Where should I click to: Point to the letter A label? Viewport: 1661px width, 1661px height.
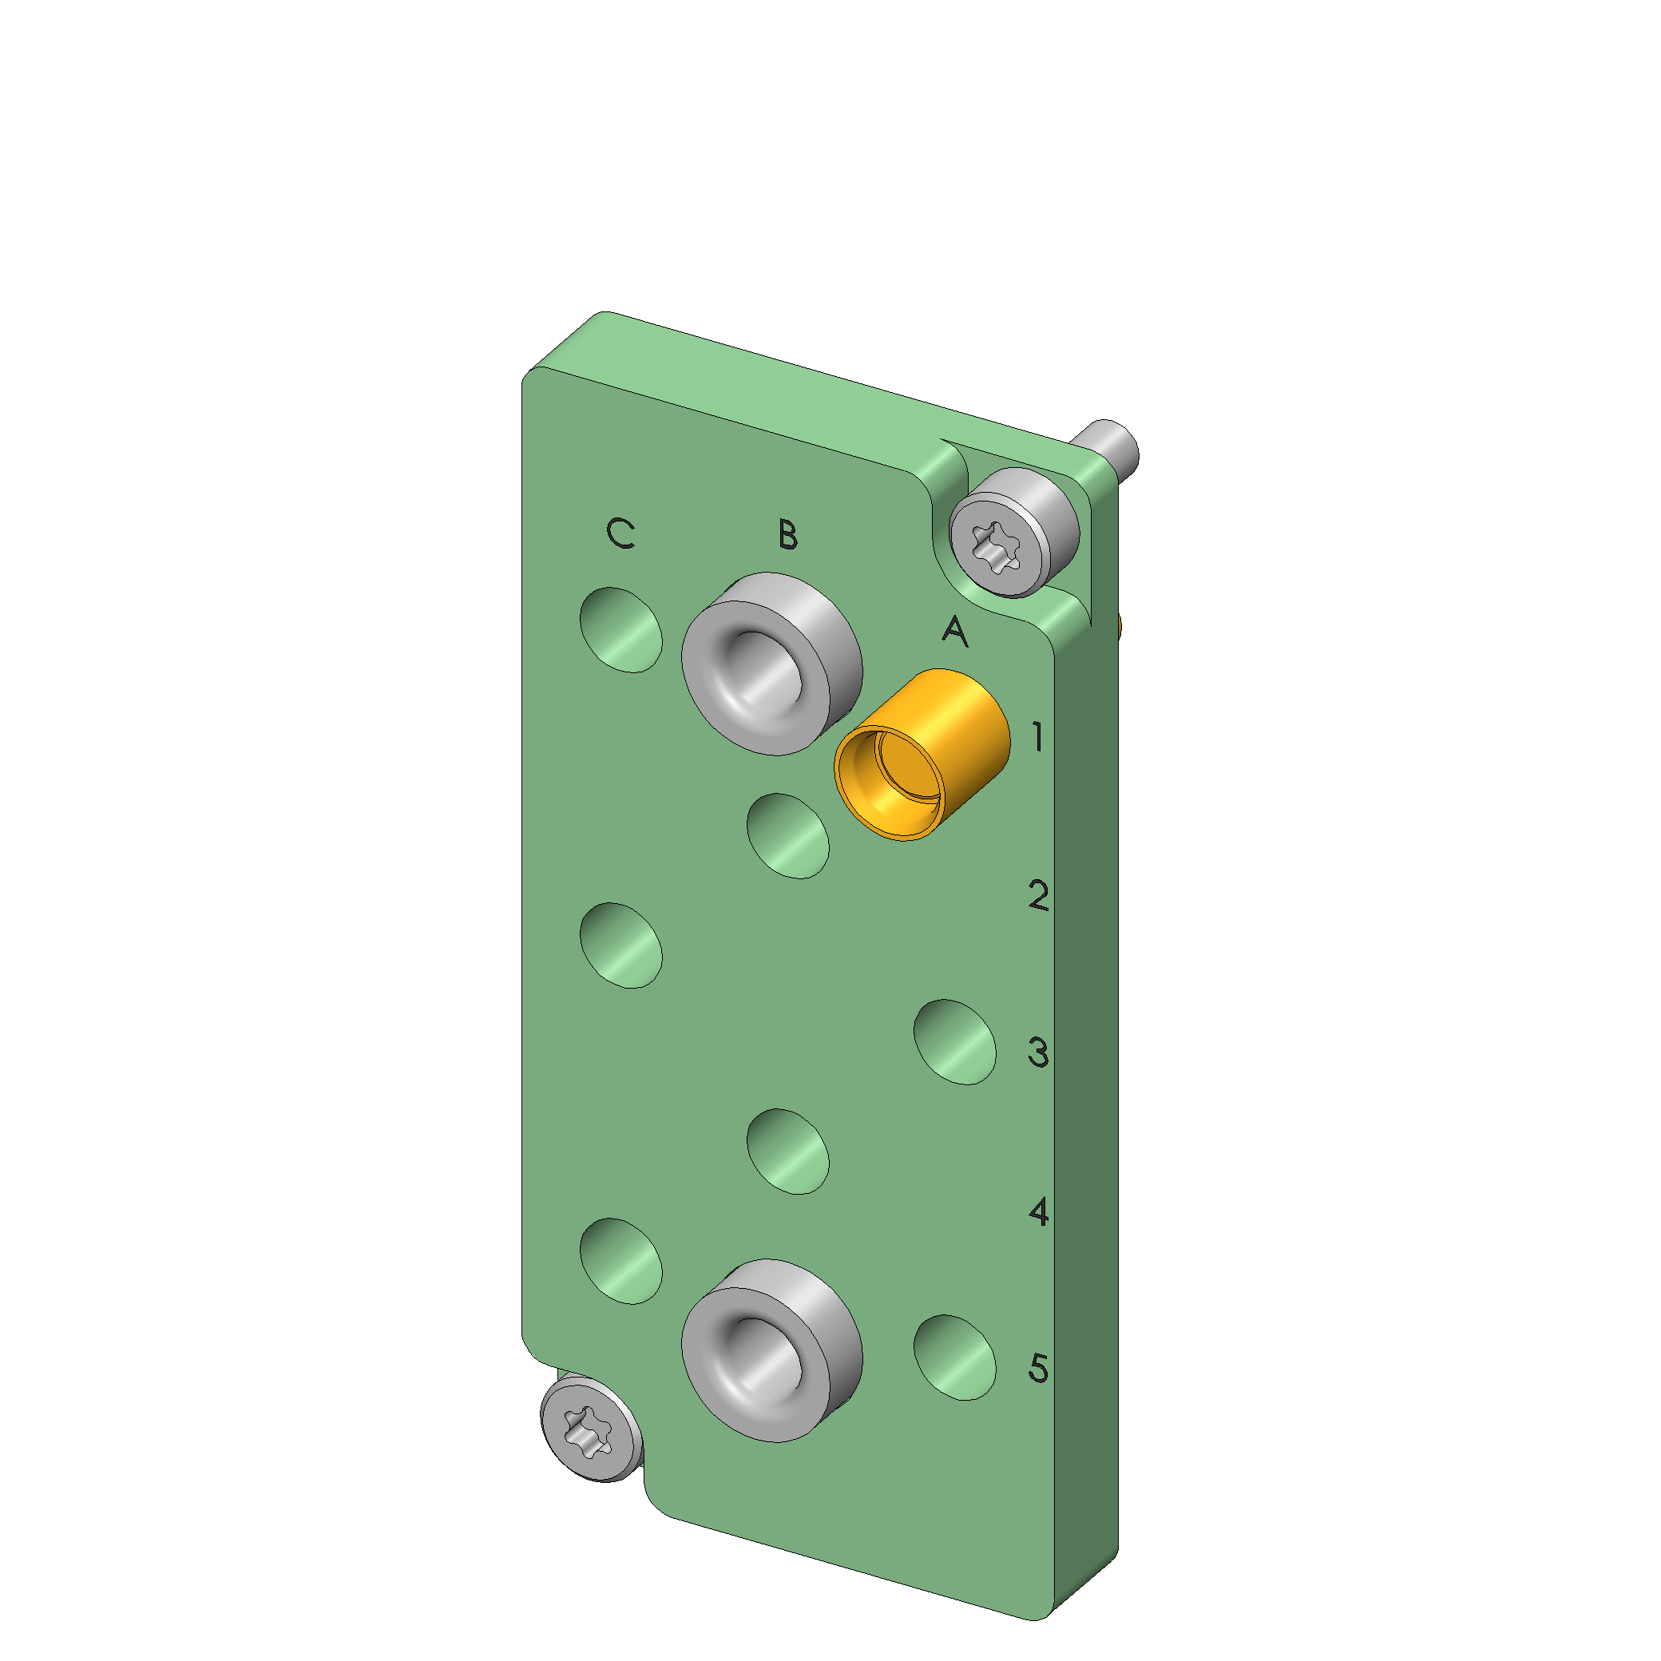click(x=954, y=631)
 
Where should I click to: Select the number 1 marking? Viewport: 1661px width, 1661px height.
click(x=1039, y=736)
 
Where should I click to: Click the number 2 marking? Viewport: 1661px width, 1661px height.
click(x=1039, y=895)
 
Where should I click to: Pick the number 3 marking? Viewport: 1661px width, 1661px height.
click(x=1039, y=1052)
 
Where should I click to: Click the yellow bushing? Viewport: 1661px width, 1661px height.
click(x=922, y=755)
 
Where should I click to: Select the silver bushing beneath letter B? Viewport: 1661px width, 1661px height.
click(x=772, y=664)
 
